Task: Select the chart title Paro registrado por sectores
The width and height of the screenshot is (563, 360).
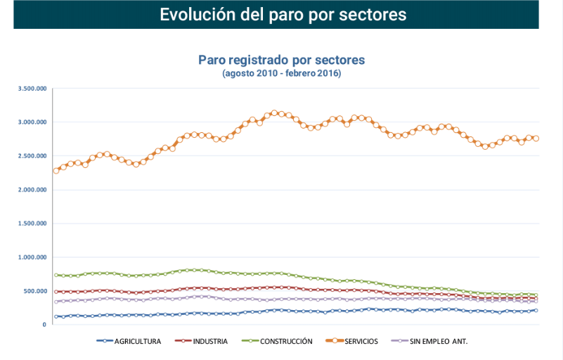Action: [x=281, y=60]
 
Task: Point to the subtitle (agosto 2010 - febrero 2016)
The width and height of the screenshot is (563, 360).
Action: [x=281, y=73]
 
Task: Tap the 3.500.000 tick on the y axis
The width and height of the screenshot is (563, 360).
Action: [x=32, y=89]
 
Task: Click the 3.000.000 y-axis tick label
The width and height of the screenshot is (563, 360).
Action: [x=32, y=122]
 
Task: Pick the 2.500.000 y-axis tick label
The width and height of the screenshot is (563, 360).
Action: [x=32, y=156]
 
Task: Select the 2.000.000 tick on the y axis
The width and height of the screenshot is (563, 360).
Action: [x=32, y=190]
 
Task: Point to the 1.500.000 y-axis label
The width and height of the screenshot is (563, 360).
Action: [x=32, y=224]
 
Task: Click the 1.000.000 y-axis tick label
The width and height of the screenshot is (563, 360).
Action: [x=32, y=257]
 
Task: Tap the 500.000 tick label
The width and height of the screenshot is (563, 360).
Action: [x=34, y=291]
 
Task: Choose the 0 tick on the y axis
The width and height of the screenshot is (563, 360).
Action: [x=44, y=325]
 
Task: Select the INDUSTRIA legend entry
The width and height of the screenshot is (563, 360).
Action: [x=208, y=342]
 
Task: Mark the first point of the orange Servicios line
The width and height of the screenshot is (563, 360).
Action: [x=56, y=171]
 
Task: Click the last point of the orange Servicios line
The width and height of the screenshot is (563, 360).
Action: [x=536, y=139]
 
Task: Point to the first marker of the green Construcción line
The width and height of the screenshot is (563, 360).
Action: [x=56, y=275]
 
